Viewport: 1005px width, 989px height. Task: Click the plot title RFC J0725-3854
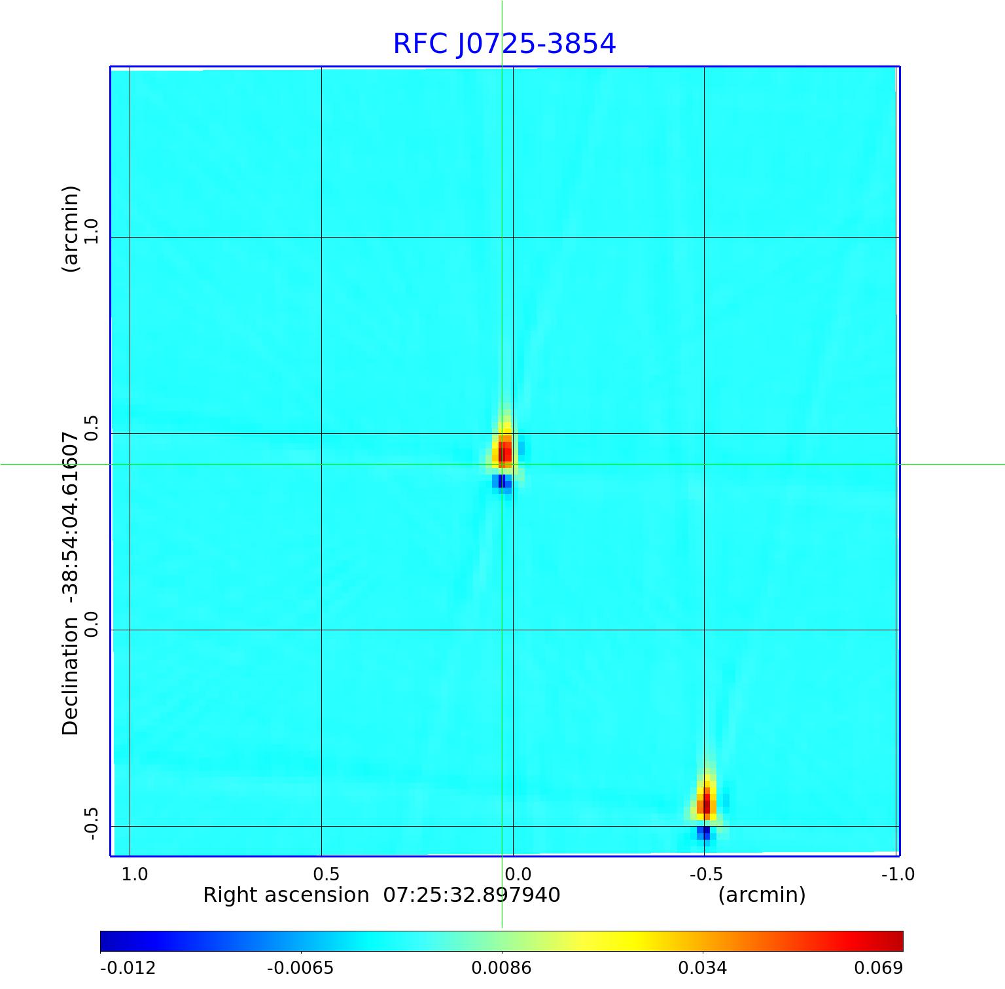504,44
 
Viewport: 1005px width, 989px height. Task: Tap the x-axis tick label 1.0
135,874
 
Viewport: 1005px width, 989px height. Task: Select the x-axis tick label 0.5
326,874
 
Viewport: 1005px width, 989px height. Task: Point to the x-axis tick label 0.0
518,874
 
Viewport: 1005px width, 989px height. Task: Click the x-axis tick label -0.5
705,874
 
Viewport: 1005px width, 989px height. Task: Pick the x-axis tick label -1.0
898,874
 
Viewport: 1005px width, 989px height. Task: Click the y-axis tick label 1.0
91,231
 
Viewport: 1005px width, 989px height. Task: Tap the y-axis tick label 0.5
91,427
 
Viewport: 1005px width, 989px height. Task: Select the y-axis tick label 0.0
91,624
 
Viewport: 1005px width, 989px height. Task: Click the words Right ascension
286,895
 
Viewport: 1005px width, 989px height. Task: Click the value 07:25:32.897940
471,895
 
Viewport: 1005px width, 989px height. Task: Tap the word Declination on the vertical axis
70,675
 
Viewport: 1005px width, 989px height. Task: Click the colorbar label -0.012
128,967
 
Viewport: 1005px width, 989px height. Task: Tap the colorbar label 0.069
879,967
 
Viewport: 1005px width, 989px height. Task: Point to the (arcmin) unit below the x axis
762,895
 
